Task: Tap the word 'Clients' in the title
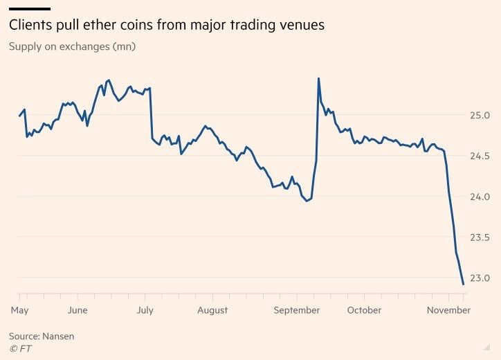[31, 26]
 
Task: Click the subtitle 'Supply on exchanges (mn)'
[72, 47]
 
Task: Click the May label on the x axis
[20, 310]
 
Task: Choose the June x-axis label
[78, 310]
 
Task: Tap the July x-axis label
[145, 310]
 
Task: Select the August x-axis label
[212, 310]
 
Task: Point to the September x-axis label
[297, 310]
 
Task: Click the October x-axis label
[364, 310]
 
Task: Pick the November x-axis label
[448, 310]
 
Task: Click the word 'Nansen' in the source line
[58, 336]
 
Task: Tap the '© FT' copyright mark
[21, 348]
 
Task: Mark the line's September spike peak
[318, 78]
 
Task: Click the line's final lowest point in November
[463, 284]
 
